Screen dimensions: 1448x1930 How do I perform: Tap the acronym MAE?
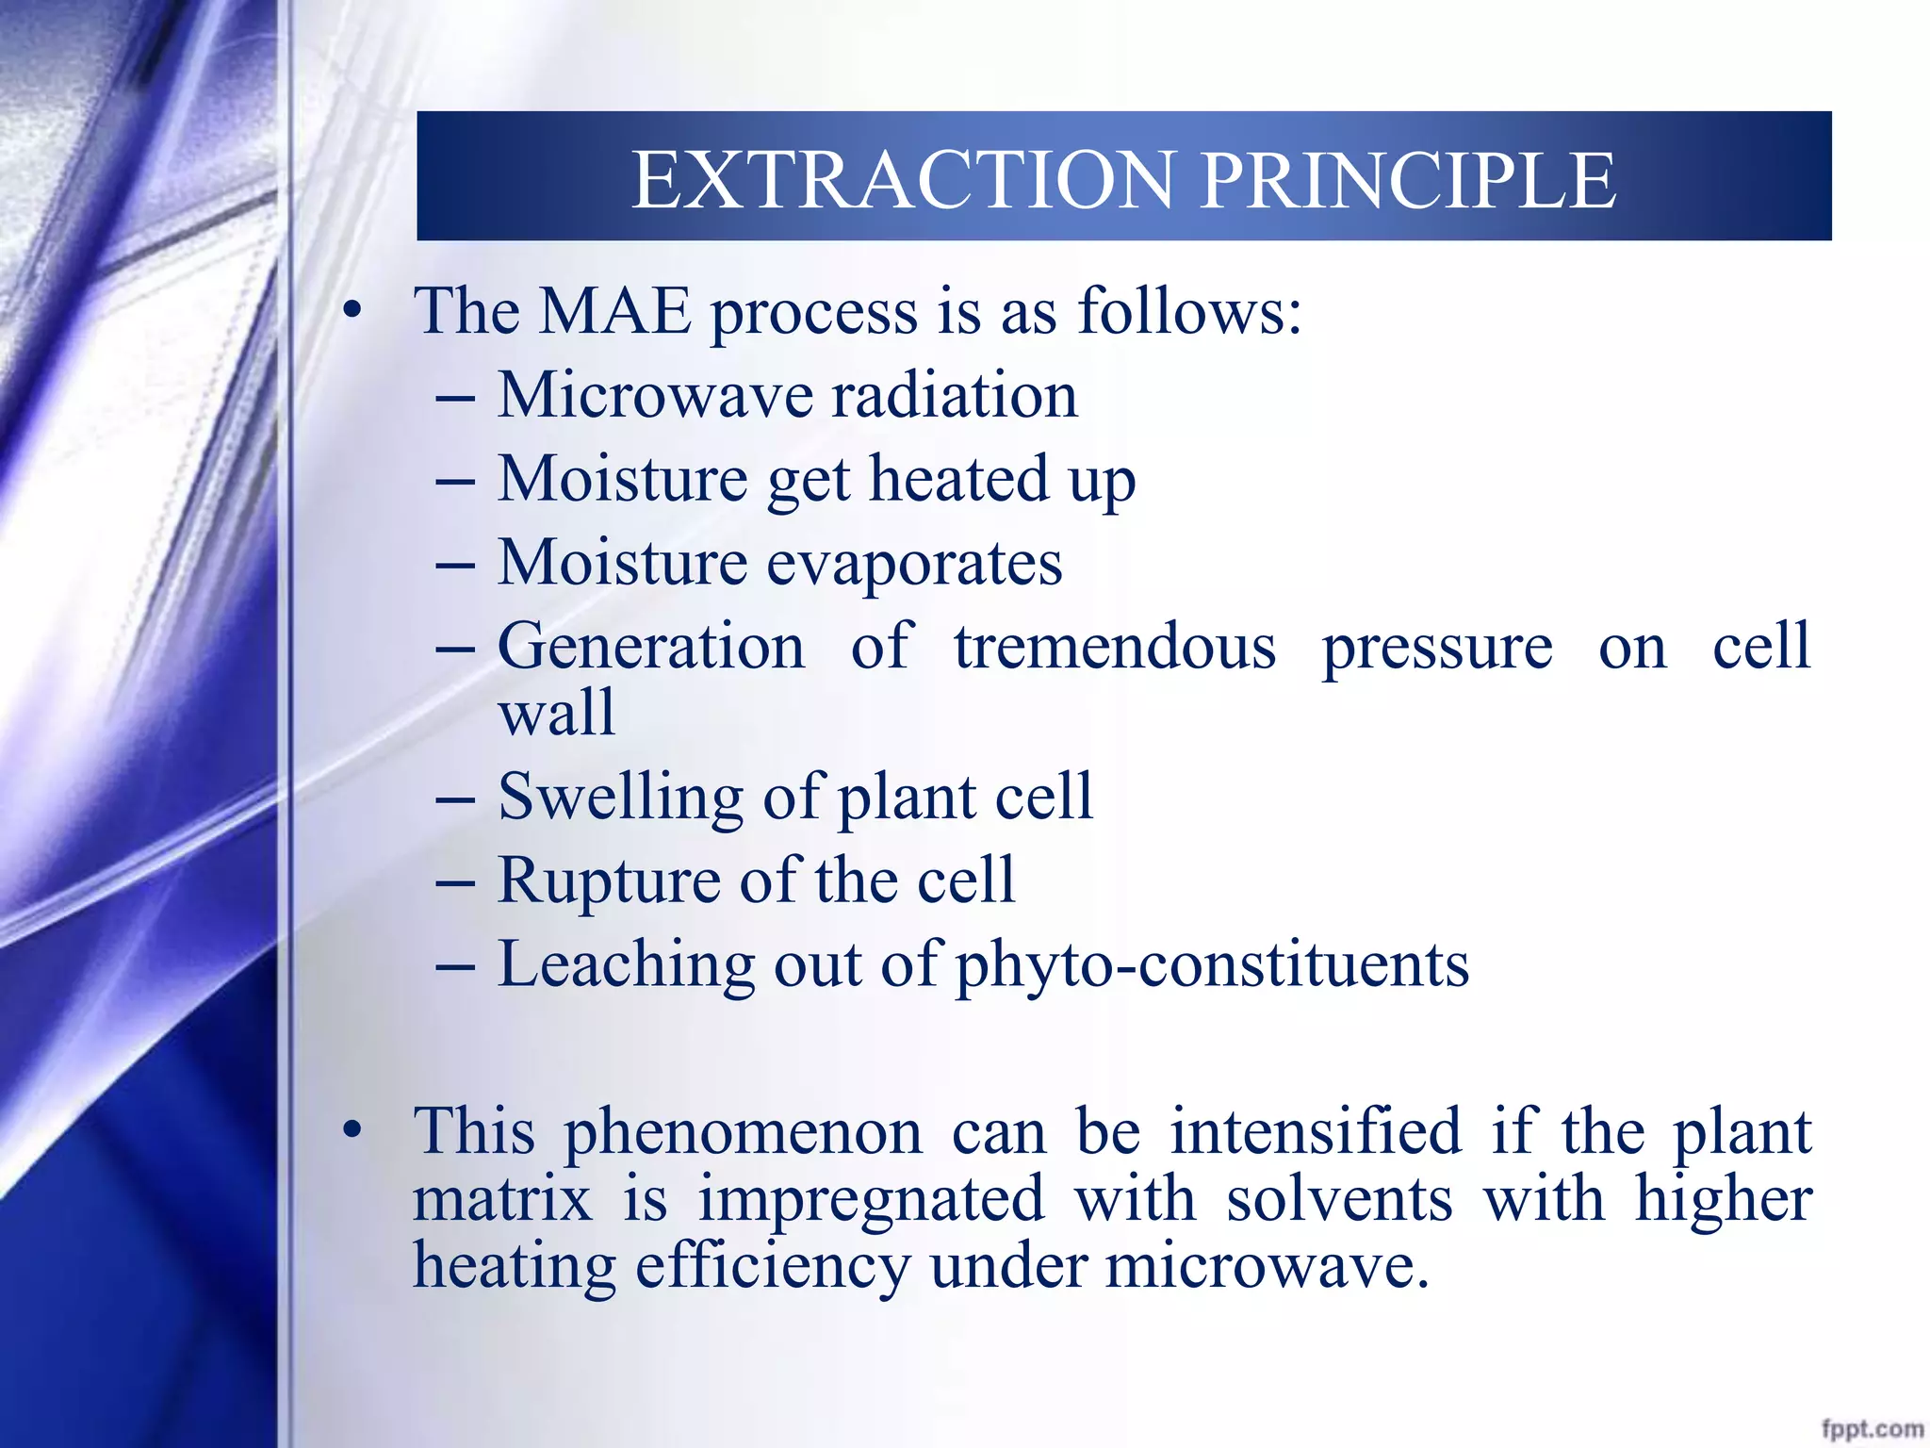click(614, 312)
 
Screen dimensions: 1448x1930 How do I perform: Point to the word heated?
click(957, 479)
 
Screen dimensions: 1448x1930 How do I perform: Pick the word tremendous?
click(1115, 648)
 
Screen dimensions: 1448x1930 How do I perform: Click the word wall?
click(556, 714)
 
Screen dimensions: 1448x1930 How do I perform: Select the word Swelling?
click(620, 798)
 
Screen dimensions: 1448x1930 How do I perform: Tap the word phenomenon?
click(743, 1133)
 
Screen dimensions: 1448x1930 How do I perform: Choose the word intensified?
click(1316, 1131)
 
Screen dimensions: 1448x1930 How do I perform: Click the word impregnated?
click(871, 1201)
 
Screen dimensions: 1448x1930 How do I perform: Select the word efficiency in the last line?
click(773, 1267)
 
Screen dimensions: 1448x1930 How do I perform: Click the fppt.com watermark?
click(1872, 1428)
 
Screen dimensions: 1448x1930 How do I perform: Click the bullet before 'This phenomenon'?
click(352, 1130)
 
